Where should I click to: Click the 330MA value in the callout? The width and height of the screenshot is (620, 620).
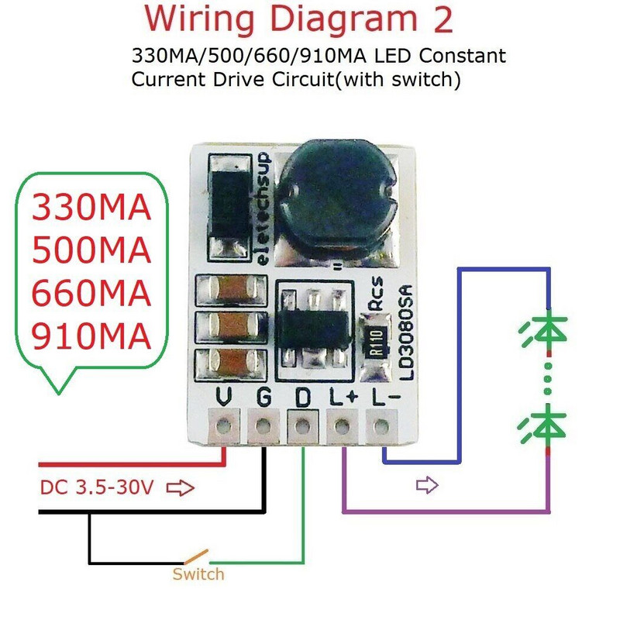coord(91,208)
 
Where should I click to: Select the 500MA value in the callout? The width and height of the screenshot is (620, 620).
coord(91,251)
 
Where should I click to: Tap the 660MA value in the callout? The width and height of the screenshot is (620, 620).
coord(91,294)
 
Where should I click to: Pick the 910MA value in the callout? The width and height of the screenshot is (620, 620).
coord(91,336)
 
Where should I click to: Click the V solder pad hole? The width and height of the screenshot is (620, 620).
coord(226,425)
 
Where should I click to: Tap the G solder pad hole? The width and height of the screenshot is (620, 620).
coord(263,425)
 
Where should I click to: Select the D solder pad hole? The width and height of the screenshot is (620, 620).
coord(303,425)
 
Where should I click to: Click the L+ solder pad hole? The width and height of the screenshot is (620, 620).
coord(342,425)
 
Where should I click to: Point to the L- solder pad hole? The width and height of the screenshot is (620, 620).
coord(381,425)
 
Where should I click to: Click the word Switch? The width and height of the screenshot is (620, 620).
coord(198,574)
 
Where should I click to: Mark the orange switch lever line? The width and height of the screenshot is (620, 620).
coord(196,556)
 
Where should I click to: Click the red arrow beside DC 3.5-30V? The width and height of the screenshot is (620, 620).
coord(181,488)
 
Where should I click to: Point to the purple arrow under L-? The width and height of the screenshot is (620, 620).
coord(427,486)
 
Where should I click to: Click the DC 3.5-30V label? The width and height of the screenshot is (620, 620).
coord(98,488)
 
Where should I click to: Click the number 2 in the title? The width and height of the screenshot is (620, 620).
coord(443,21)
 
